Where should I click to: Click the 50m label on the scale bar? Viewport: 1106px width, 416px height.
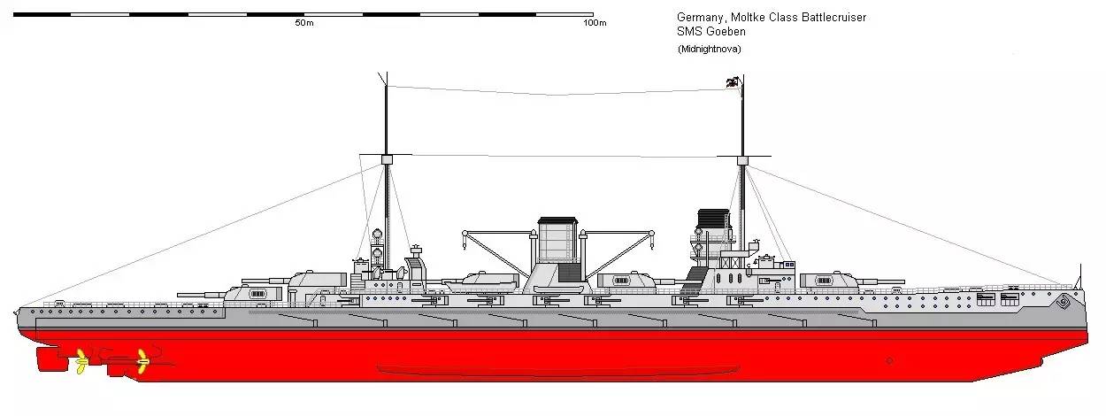[x=304, y=23]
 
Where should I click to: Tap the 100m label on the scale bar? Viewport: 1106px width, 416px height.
[x=595, y=23]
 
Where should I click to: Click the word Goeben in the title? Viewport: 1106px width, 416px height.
[x=726, y=32]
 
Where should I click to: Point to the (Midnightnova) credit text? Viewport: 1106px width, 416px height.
[x=709, y=49]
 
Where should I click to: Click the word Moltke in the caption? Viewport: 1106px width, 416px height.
[x=749, y=18]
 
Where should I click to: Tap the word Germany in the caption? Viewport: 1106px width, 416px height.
[x=701, y=18]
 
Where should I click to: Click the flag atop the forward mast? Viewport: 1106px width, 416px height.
[x=733, y=82]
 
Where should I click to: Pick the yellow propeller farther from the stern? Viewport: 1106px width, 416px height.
[x=142, y=362]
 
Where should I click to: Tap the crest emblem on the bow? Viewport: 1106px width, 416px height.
[x=1063, y=301]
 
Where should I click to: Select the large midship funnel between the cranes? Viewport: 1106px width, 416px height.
[x=558, y=240]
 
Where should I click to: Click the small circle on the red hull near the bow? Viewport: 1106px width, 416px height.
[x=890, y=361]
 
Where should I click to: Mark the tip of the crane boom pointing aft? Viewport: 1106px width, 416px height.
[x=465, y=233]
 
